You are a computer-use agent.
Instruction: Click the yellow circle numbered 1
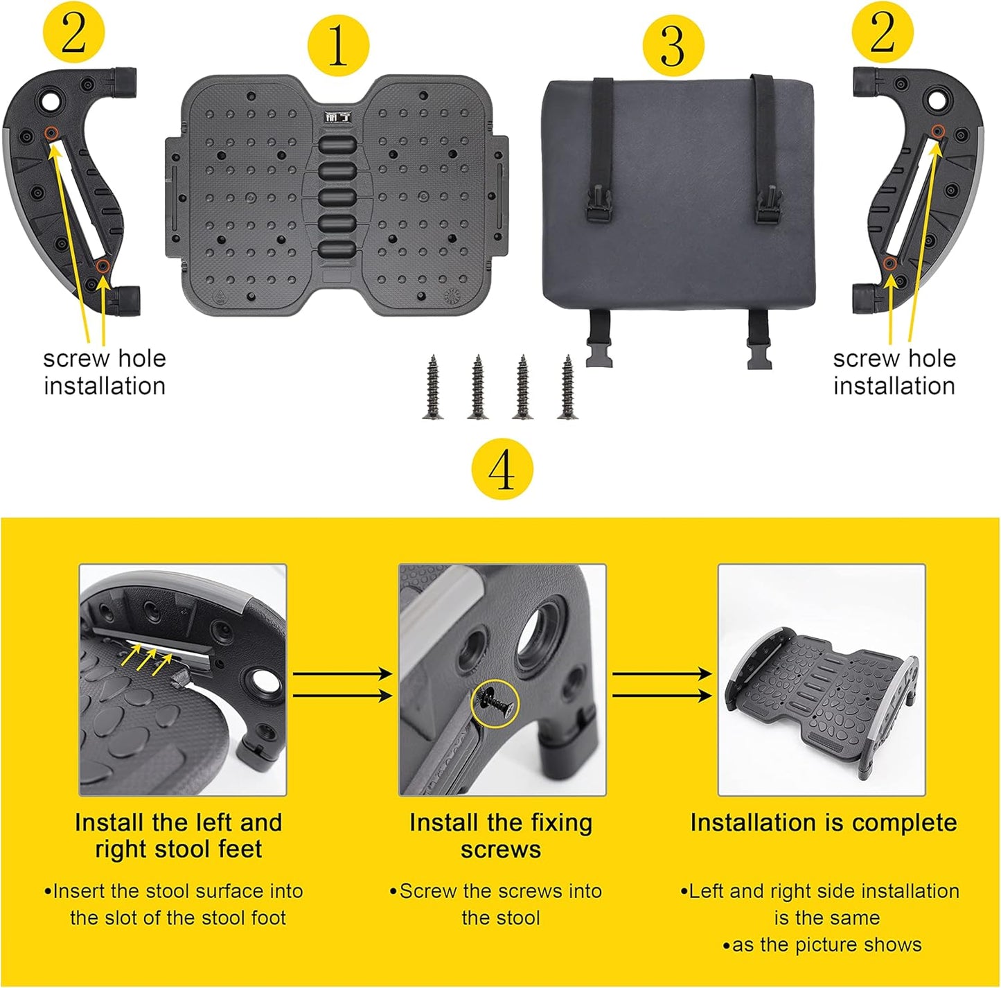338,46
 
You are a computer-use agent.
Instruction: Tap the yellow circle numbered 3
673,46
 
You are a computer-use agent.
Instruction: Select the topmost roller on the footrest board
338,145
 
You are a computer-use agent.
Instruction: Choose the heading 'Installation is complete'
823,822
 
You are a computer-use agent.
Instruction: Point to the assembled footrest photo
821,680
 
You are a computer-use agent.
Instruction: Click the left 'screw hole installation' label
105,372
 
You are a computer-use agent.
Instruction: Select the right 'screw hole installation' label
894,372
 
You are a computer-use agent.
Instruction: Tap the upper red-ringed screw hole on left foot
50,132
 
